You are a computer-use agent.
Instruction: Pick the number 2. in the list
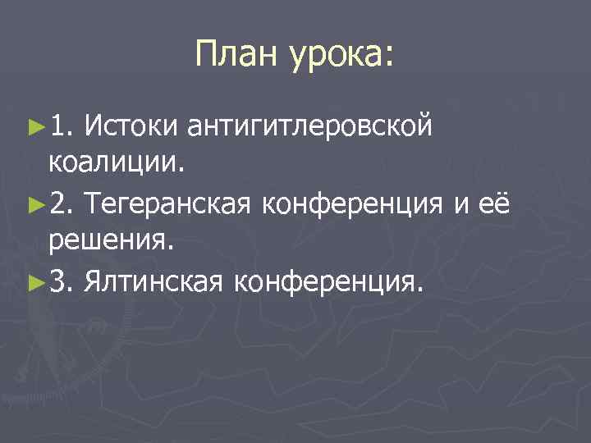pos(62,203)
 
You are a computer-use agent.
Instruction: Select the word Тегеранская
pos(165,203)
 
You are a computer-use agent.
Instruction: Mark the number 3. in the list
pos(62,282)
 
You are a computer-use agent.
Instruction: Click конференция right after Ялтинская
pos(329,283)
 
